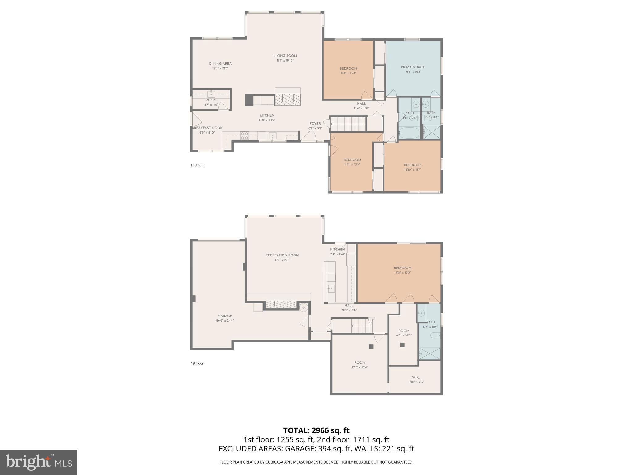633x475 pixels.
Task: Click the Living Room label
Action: [285, 56]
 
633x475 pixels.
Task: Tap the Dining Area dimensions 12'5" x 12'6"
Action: [220, 68]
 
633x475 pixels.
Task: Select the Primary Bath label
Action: [413, 67]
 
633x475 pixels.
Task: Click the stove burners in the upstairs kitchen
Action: [244, 135]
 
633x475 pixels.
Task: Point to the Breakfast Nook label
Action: [207, 128]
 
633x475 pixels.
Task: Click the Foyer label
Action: [315, 124]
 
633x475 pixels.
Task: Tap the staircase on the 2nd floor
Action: [349, 124]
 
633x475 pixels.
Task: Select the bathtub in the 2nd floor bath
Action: [409, 133]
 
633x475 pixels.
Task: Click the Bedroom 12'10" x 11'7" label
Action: [413, 165]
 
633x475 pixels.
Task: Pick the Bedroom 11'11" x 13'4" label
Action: [352, 160]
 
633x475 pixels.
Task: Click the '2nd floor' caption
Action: [198, 165]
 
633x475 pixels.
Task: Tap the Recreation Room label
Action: [282, 255]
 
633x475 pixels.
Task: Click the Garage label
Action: [225, 316]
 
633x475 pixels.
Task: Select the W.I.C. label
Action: [416, 377]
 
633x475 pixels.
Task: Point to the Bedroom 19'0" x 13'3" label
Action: [402, 268]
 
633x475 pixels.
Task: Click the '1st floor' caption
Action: [197, 363]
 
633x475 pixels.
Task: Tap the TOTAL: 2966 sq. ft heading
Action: [316, 430]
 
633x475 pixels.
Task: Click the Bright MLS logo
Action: [39, 462]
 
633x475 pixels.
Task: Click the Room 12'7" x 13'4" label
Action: [359, 363]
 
